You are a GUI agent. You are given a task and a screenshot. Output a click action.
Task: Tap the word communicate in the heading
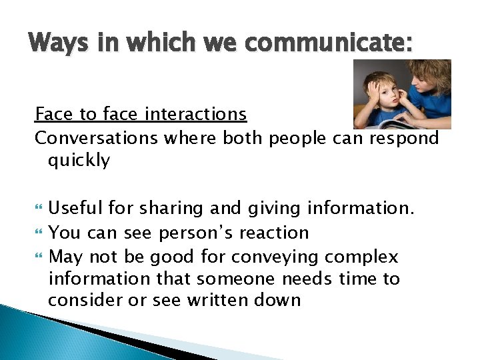coord(345,43)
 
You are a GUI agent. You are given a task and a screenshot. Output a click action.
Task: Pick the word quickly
coord(79,161)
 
